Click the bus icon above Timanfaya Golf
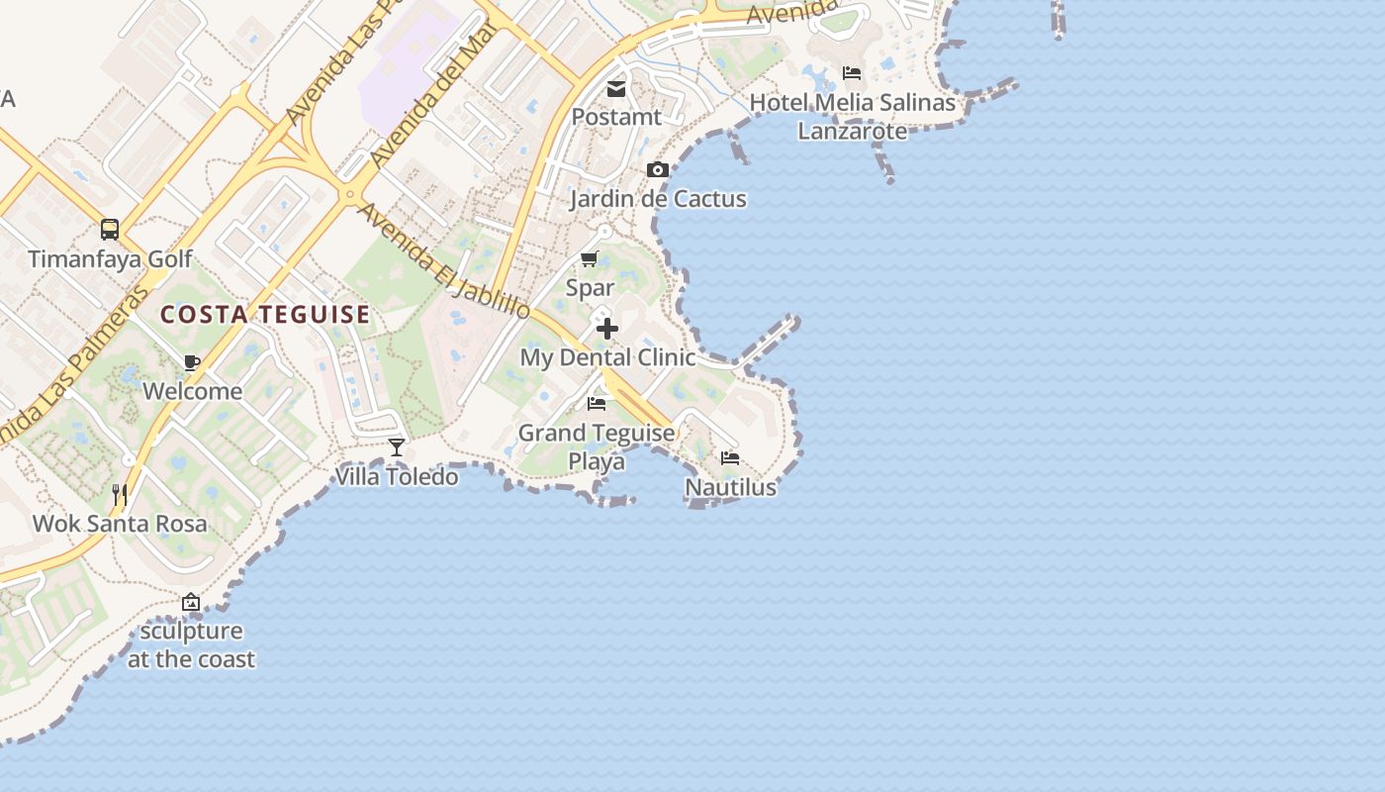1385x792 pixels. pyautogui.click(x=110, y=230)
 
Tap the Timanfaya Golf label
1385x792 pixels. pyautogui.click(x=110, y=259)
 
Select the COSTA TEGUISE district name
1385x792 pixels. pyautogui.click(x=265, y=315)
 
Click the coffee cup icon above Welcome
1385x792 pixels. pyautogui.click(x=192, y=362)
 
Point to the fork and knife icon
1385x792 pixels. pyautogui.click(x=120, y=494)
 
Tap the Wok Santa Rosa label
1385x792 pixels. pyautogui.click(x=120, y=524)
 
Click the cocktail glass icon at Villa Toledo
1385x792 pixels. pyautogui.click(x=397, y=447)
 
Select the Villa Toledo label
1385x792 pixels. pyautogui.click(x=397, y=477)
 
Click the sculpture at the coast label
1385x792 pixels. pyautogui.click(x=191, y=644)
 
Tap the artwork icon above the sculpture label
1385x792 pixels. pyautogui.click(x=191, y=602)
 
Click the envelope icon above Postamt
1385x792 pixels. pyautogui.click(x=616, y=89)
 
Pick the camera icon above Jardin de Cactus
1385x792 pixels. pyautogui.click(x=658, y=170)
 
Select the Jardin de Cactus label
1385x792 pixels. pyautogui.click(x=658, y=199)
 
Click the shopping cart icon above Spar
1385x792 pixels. pyautogui.click(x=590, y=259)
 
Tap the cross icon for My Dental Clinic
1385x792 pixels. pyautogui.click(x=607, y=329)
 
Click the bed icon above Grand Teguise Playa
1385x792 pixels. pyautogui.click(x=597, y=404)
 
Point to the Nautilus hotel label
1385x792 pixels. pyautogui.click(x=730, y=488)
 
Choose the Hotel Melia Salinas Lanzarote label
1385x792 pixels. pyautogui.click(x=852, y=117)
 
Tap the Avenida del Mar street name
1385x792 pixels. pyautogui.click(x=431, y=97)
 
